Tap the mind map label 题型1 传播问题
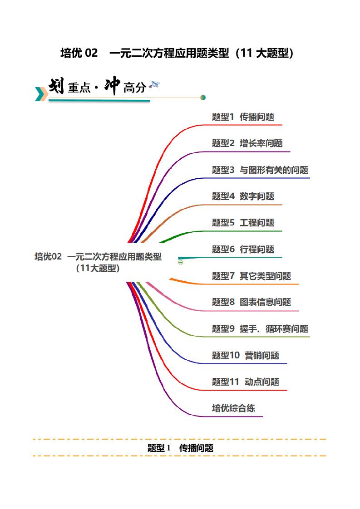pos(243,117)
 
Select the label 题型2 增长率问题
pos(247,143)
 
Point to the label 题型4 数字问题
pos(243,196)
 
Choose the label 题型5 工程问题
pos(243,223)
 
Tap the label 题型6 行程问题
pos(243,249)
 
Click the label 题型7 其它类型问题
pos(251,276)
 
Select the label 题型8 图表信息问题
pos(251,302)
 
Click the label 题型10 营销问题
pos(245,355)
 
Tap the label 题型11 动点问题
pos(245,382)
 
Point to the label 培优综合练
pos(233,408)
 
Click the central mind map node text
pos(98,262)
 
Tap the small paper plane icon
pos(155,84)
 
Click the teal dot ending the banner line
pos(203,97)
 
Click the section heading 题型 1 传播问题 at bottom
pos(180,448)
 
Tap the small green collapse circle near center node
pos(181,263)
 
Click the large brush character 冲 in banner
pos(112,86)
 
